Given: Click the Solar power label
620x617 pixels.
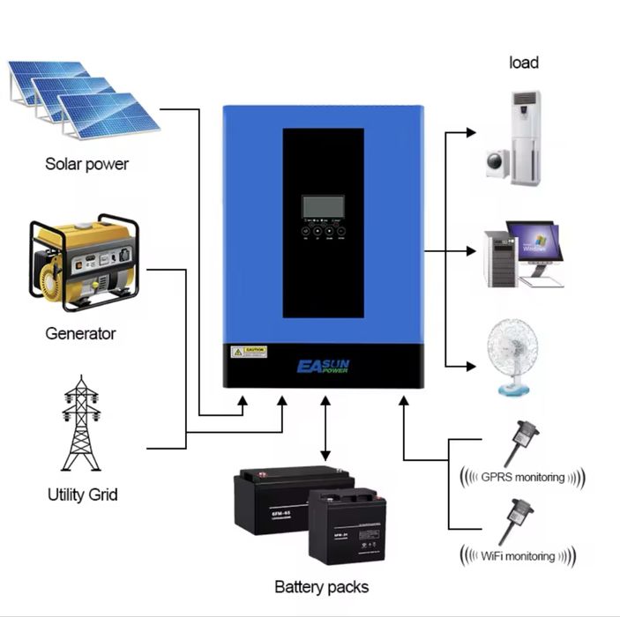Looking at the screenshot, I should coord(86,164).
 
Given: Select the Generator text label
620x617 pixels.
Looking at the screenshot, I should coord(80,334).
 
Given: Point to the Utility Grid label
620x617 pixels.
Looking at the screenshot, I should coord(82,494).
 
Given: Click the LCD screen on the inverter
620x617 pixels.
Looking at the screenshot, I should coord(323,205).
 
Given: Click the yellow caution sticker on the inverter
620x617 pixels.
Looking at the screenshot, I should coord(249,352).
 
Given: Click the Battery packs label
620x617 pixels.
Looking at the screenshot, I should coord(321,587).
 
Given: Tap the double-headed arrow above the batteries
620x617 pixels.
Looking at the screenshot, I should coord(325,429).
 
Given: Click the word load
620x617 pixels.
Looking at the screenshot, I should coord(524,63).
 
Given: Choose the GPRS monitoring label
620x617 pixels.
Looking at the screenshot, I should coord(522,477).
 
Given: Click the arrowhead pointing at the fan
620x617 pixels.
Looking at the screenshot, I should coord(469,365).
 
